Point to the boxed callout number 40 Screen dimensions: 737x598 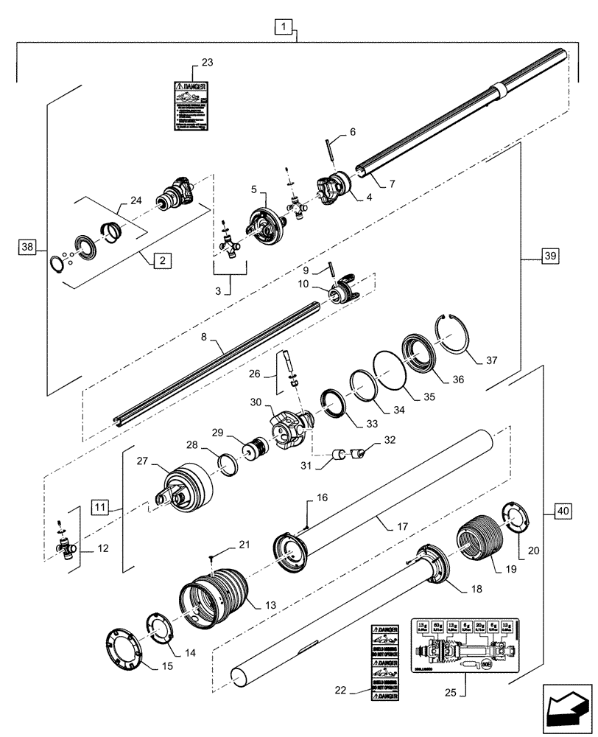pyautogui.click(x=562, y=510)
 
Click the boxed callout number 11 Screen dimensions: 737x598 pyautogui.click(x=101, y=506)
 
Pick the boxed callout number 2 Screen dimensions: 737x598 pyautogui.click(x=159, y=261)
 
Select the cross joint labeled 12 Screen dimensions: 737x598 pyautogui.click(x=66, y=546)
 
